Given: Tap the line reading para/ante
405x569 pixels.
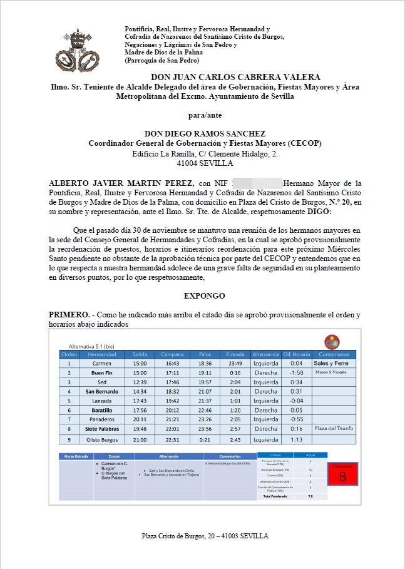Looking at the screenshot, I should [x=205, y=115].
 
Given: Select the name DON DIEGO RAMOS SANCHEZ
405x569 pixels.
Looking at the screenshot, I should [x=205, y=133].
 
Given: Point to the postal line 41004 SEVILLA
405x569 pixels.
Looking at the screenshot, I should [x=205, y=163].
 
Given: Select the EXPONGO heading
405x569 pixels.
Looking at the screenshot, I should [x=205, y=295].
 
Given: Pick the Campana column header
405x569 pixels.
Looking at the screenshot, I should [x=172, y=354].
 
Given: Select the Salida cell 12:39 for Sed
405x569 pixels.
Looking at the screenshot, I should [x=140, y=382].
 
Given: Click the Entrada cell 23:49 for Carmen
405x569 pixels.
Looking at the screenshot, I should [x=235, y=363].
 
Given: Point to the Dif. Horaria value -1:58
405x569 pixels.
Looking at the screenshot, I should [x=296, y=372].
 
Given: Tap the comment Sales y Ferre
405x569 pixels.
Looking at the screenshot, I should [x=334, y=363].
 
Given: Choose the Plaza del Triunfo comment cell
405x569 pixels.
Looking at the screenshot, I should [x=334, y=429].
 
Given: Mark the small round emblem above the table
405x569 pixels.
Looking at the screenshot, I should [x=332, y=342].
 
